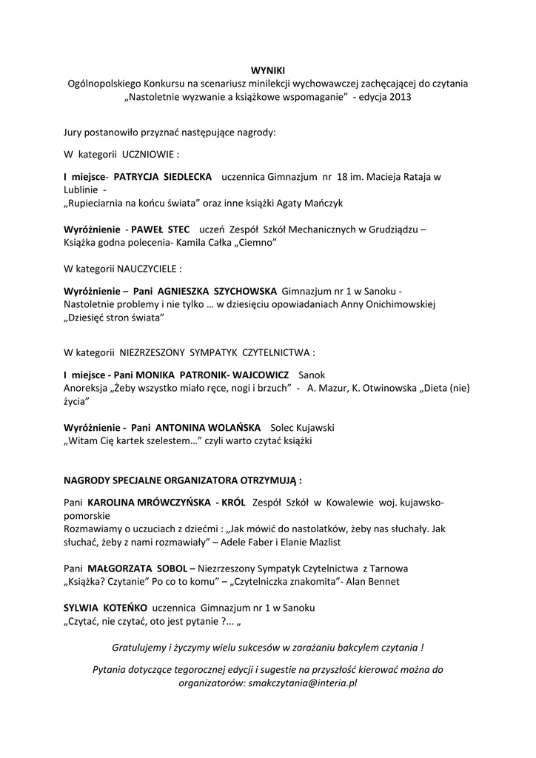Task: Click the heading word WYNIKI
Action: [267, 70]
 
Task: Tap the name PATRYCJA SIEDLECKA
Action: [162, 177]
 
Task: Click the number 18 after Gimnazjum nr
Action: [342, 177]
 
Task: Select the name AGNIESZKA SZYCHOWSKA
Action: [217, 291]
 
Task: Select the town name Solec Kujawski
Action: [303, 428]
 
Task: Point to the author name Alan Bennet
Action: [373, 581]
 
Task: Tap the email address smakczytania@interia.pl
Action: [305, 683]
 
